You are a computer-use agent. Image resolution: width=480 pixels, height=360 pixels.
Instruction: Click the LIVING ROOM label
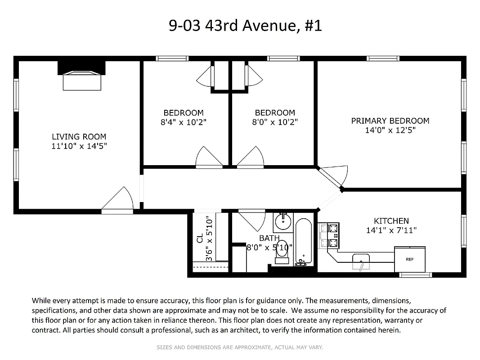(79, 136)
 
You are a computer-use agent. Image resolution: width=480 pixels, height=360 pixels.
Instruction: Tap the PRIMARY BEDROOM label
(390, 121)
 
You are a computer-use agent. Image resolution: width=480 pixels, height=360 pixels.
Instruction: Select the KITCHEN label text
(391, 221)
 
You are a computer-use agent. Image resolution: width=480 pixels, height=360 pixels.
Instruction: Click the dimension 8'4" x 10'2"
(184, 122)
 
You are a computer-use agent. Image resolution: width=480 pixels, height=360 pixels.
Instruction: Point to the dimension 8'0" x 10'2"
(274, 122)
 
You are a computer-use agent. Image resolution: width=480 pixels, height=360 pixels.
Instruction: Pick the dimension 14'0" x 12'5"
(390, 130)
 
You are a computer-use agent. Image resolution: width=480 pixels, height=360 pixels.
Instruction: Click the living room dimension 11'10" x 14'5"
(79, 146)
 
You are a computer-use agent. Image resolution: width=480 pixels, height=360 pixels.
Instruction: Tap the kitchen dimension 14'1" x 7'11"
(391, 230)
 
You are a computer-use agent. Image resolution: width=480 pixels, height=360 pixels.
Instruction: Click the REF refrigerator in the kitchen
(409, 259)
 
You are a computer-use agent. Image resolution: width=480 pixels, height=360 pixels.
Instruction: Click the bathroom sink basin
(283, 221)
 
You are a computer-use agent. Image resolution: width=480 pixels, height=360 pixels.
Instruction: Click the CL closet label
(199, 238)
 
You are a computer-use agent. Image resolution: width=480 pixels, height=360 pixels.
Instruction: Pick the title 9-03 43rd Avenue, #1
(245, 26)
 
